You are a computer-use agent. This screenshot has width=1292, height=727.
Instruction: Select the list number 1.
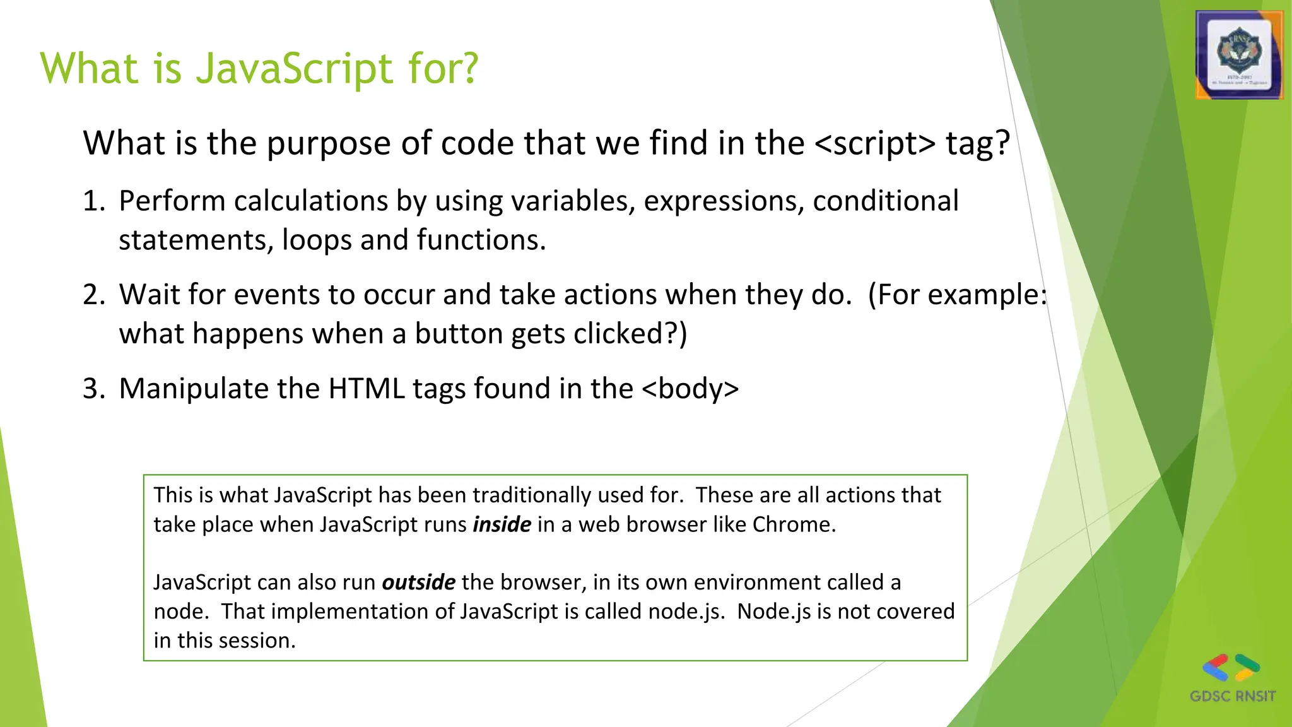[93, 201]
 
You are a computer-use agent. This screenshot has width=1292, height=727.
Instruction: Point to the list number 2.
[93, 295]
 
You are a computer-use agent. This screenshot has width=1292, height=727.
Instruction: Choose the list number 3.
[93, 389]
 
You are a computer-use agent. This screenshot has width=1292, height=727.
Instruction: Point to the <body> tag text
[690, 389]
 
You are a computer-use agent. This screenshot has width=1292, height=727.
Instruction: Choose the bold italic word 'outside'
[418, 582]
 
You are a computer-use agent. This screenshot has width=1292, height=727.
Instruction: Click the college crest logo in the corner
[1239, 56]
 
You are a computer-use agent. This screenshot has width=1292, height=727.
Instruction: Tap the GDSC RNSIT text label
[1232, 697]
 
